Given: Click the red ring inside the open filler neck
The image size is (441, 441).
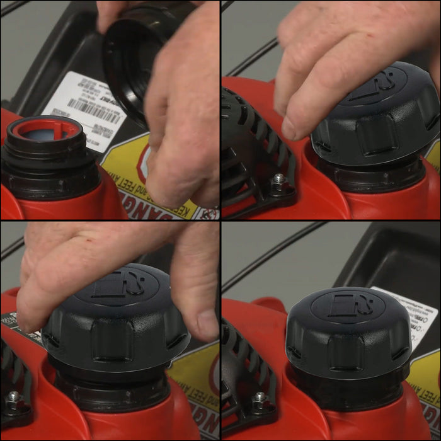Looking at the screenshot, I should [x=44, y=129].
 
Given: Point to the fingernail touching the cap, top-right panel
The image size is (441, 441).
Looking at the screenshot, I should [x=289, y=129].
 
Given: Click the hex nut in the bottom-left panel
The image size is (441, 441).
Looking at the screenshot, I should [x=13, y=398].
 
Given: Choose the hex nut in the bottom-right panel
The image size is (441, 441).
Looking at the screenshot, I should [x=258, y=398].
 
